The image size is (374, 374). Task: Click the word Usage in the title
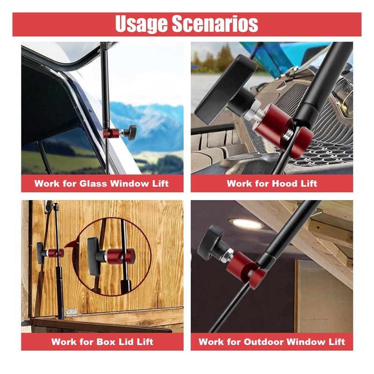pos(141,24)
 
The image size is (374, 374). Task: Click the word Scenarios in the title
pos(215,24)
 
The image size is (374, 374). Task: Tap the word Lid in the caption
pos(126,342)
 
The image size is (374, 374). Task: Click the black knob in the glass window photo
pos(130,132)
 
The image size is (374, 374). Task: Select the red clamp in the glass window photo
pos(111,133)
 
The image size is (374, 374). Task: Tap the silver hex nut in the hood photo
pos(252,111)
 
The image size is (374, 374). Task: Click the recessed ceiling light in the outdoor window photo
pos(246,224)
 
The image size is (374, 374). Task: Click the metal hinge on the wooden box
pos(72,311)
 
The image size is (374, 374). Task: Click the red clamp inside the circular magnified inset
pos(121,256)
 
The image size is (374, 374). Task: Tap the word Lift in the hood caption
pos(309,183)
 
